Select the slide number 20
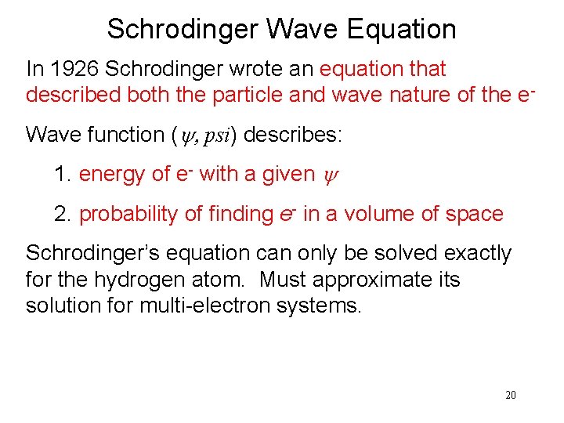click(510, 396)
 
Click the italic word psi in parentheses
click(214, 135)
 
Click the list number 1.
click(63, 174)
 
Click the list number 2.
click(63, 213)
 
